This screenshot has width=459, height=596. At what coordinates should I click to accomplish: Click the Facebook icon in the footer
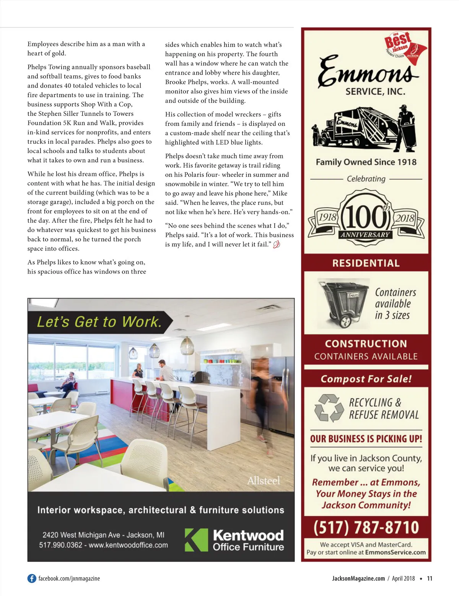32,578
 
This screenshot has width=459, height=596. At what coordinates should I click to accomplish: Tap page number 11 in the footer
430,578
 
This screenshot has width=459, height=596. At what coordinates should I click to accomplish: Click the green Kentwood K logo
196,540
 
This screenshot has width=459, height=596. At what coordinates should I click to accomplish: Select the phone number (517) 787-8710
366,527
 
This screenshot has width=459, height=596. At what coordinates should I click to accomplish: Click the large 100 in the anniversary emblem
365,217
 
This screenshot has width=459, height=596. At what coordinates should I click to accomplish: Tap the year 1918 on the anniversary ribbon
327,217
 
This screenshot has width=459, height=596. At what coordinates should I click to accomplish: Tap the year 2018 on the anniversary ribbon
405,218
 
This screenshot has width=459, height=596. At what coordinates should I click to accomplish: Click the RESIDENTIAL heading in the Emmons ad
366,263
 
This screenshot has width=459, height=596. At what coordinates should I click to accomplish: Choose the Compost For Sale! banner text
366,379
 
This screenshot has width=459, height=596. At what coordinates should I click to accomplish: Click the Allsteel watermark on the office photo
264,480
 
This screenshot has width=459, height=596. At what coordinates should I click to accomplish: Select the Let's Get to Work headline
99,322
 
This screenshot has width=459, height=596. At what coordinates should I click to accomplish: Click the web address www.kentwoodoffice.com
128,545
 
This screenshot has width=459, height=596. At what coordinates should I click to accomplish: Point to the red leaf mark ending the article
277,244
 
